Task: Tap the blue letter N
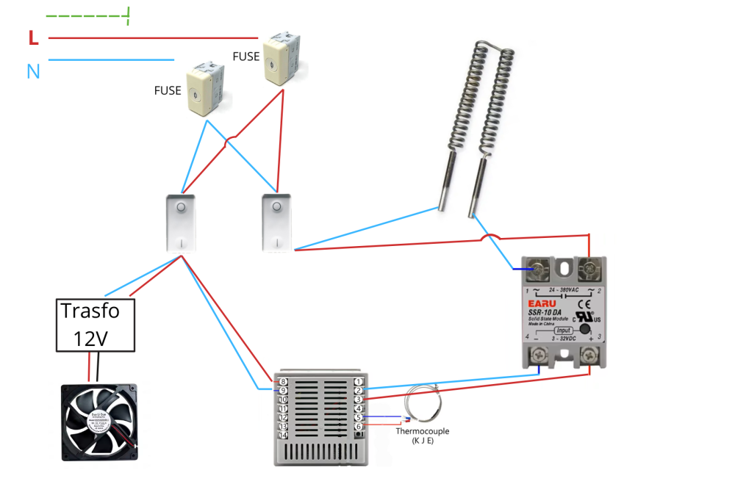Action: [x=33, y=71]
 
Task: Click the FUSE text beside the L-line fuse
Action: [x=245, y=56]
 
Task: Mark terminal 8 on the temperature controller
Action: [x=283, y=381]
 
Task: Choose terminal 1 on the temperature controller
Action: [x=357, y=381]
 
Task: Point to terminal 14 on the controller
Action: [x=283, y=435]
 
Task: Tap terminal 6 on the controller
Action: [x=357, y=426]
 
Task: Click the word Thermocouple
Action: [x=422, y=431]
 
